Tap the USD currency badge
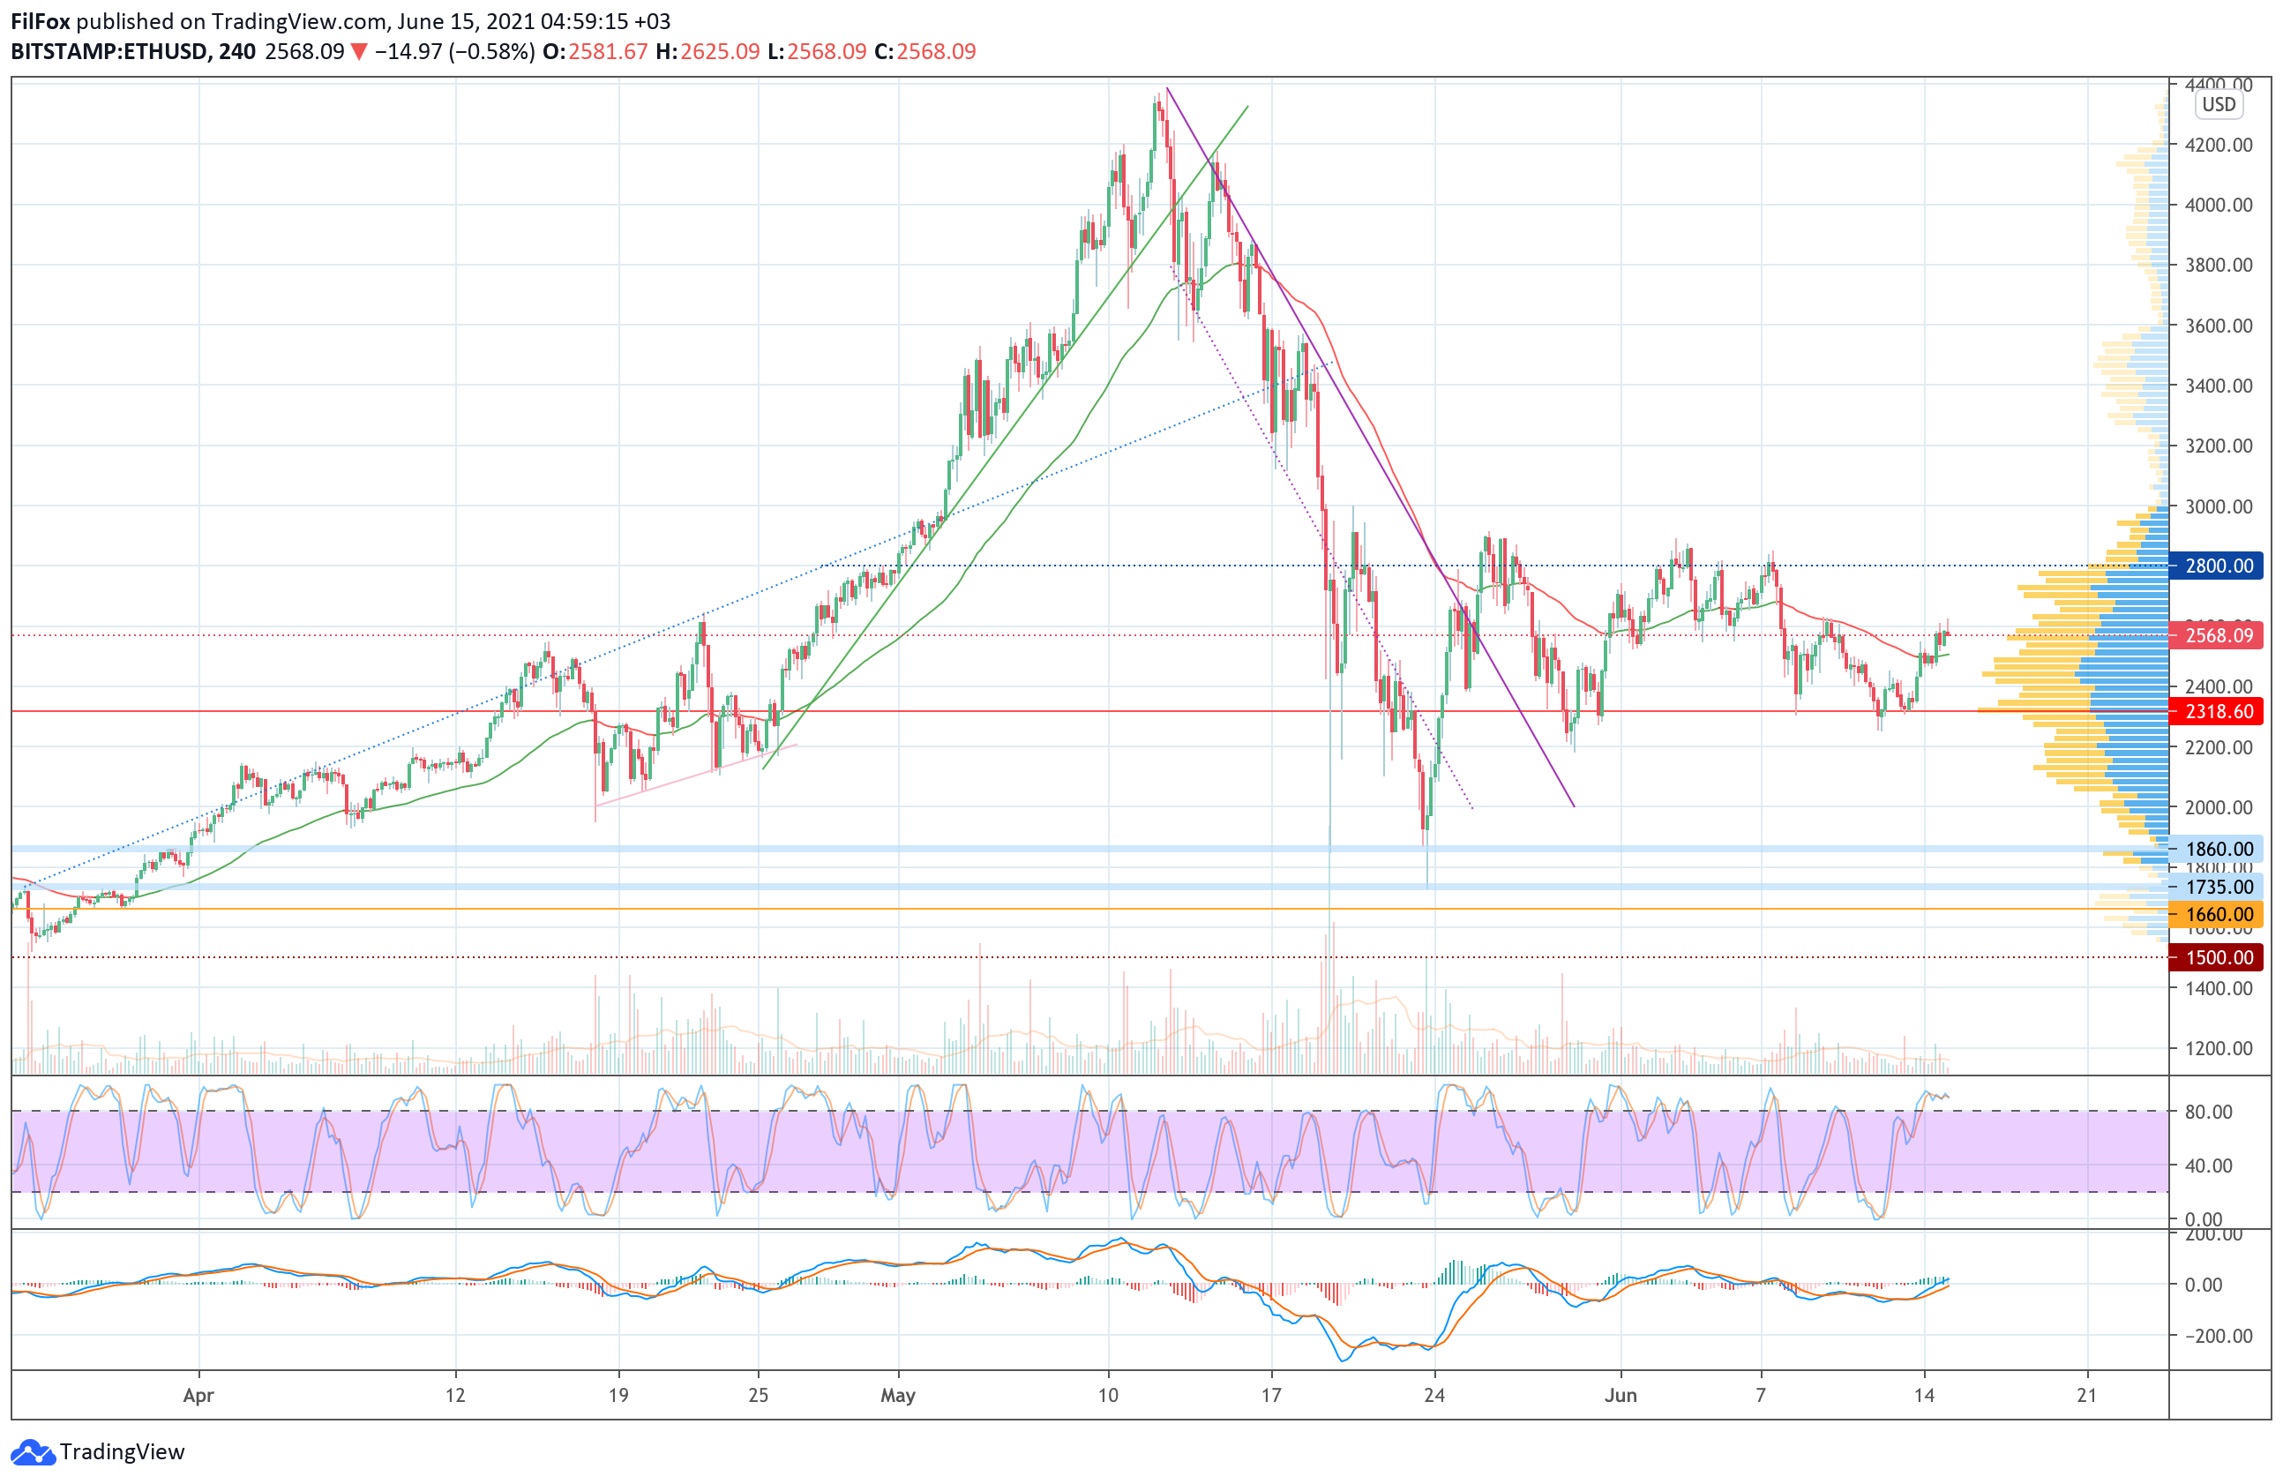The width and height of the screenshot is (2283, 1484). tap(2218, 105)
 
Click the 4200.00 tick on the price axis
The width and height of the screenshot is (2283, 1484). tap(2218, 145)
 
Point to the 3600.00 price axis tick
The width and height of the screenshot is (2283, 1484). tap(2218, 326)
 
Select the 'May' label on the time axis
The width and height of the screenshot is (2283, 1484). tap(898, 1395)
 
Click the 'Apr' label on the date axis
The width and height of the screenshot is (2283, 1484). tap(198, 1395)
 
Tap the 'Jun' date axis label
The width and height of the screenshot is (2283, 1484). tap(1621, 1395)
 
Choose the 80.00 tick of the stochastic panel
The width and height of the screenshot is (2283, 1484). tap(2208, 1112)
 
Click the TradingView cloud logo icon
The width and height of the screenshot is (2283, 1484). tap(33, 1452)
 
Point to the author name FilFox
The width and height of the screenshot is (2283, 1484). tap(41, 21)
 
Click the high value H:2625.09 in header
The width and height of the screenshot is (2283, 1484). tap(707, 52)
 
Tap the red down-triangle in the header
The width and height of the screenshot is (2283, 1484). tap(359, 52)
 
